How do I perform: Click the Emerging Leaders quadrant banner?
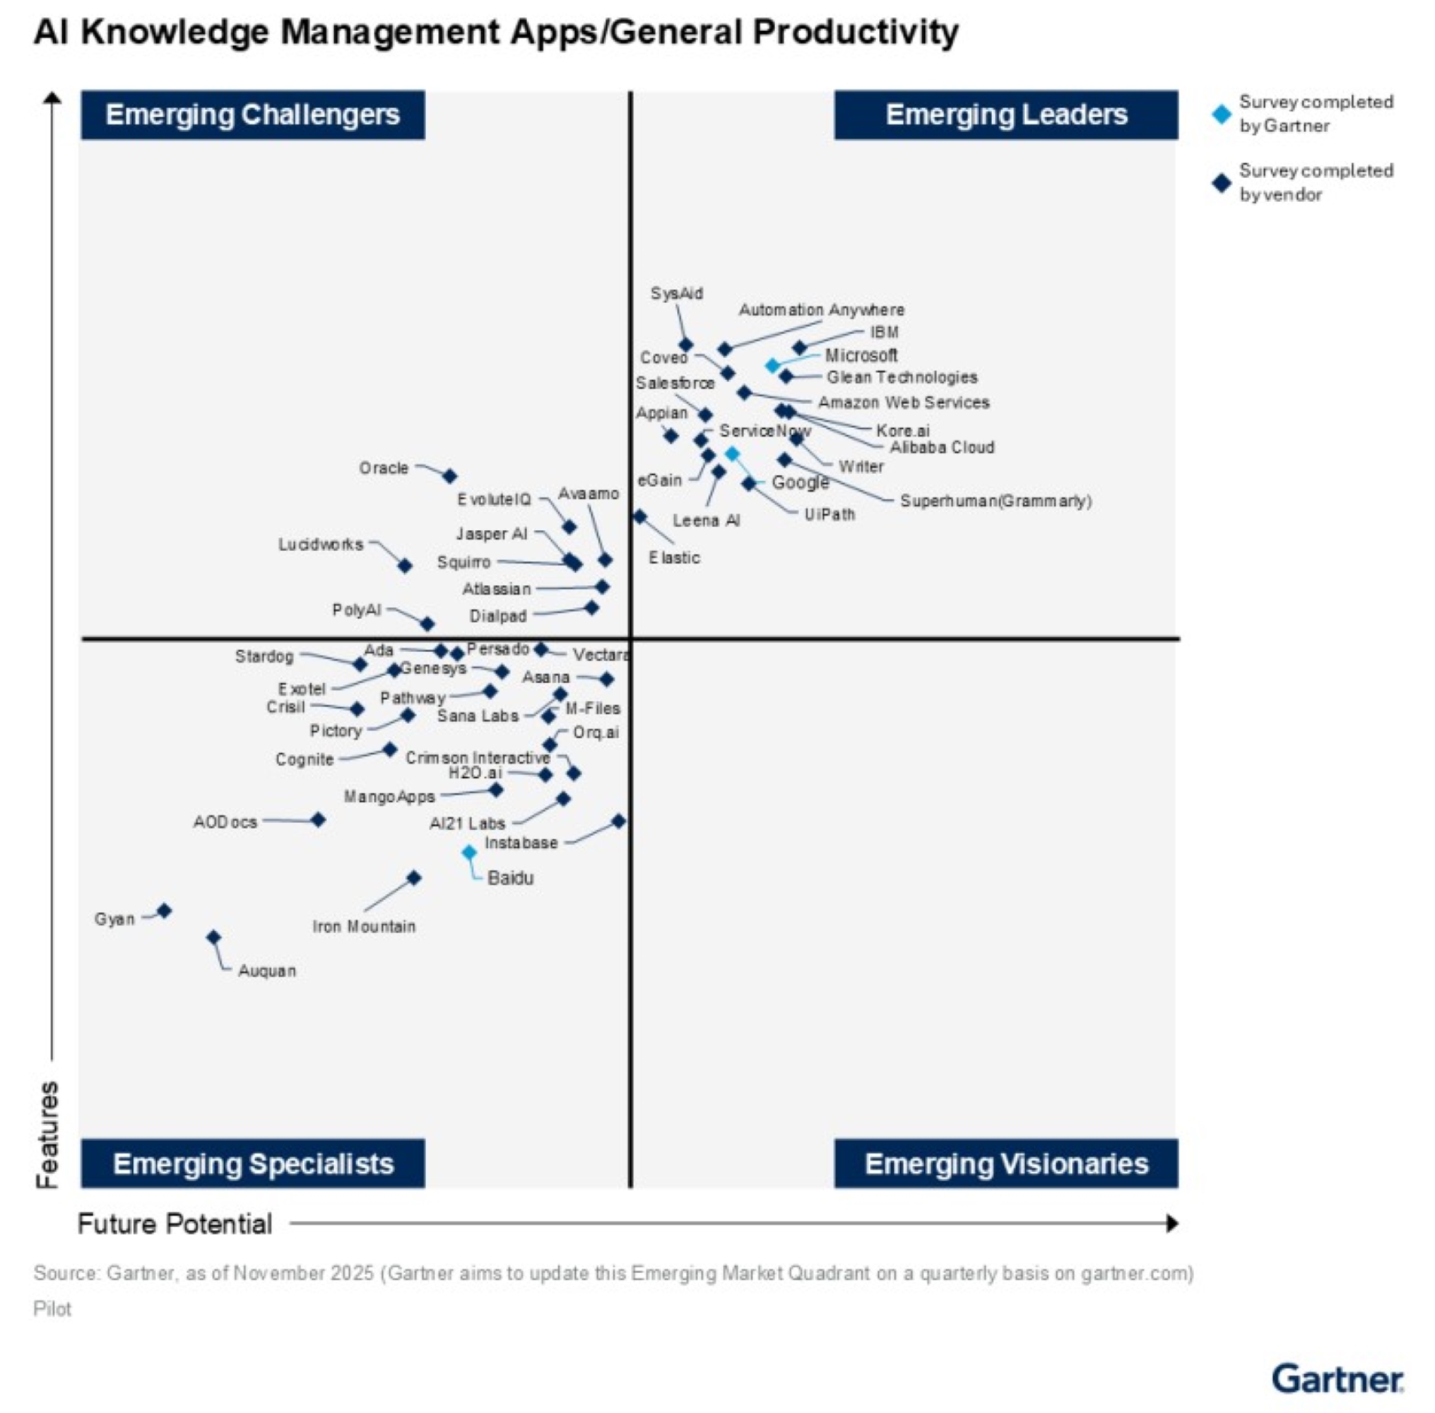pos(1005,115)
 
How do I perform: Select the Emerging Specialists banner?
pos(252,1163)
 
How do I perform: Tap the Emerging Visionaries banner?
pos(1005,1163)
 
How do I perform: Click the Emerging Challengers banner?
pos(252,115)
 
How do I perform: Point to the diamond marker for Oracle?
pos(449,475)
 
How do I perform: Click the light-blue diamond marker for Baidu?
pos(469,853)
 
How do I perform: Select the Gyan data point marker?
pos(165,911)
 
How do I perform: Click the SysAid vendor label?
pos(676,294)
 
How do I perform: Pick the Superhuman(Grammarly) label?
pos(995,501)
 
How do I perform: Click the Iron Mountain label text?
pos(364,926)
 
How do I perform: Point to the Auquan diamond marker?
pos(213,938)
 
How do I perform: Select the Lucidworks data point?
pos(405,565)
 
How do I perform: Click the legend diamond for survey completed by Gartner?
pos(1221,114)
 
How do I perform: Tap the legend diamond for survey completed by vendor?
pos(1221,182)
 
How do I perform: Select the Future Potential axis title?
pos(175,1224)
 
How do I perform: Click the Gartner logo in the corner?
pos(1337,1379)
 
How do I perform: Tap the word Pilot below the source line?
pos(52,1308)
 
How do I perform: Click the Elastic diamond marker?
pos(639,516)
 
